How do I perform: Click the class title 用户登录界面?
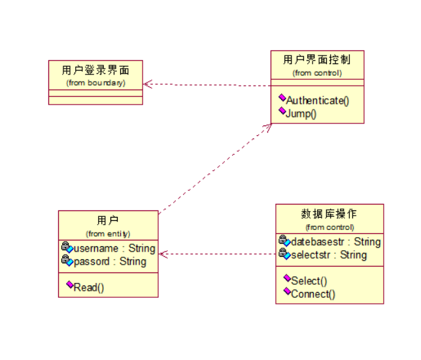[95, 70]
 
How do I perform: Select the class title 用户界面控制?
[317, 60]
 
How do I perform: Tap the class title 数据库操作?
[329, 214]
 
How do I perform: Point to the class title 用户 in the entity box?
[108, 220]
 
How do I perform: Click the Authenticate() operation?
[318, 101]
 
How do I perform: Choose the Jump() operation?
[301, 113]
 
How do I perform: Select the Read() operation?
[89, 287]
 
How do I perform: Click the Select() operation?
[309, 281]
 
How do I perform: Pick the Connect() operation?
[313, 293]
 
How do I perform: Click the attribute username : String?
[114, 248]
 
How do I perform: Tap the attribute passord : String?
[110, 261]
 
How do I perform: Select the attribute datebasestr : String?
[335, 242]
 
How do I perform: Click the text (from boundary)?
[95, 83]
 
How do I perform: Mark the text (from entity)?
[108, 233]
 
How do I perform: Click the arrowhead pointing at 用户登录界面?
[147, 84]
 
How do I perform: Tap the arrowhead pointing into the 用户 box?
[163, 254]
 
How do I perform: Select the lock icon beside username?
[67, 247]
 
